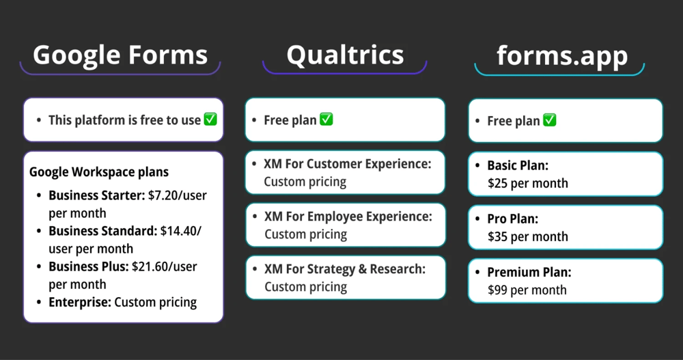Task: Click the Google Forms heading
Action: pyautogui.click(x=120, y=54)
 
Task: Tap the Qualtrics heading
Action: pyautogui.click(x=345, y=54)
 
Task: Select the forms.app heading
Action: pyautogui.click(x=562, y=55)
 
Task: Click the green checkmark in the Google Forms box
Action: pyautogui.click(x=210, y=120)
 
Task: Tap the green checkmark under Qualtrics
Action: pyautogui.click(x=326, y=120)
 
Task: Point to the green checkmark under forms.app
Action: pyautogui.click(x=549, y=120)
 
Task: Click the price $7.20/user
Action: pyautogui.click(x=177, y=195)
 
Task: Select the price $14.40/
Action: pyautogui.click(x=181, y=231)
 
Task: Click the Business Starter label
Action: pyautogui.click(x=96, y=195)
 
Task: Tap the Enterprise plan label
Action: pyautogui.click(x=79, y=302)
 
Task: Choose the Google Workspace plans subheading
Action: pyautogui.click(x=99, y=172)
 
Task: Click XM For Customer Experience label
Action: pyautogui.click(x=348, y=164)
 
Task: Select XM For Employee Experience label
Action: pyautogui.click(x=348, y=217)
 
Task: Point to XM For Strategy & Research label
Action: pyautogui.click(x=345, y=269)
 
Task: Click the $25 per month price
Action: pyautogui.click(x=527, y=183)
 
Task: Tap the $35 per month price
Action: pyautogui.click(x=527, y=236)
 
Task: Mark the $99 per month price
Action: pyautogui.click(x=527, y=290)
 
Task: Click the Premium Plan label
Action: pyautogui.click(x=529, y=272)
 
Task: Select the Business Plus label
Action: pyautogui.click(x=88, y=266)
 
